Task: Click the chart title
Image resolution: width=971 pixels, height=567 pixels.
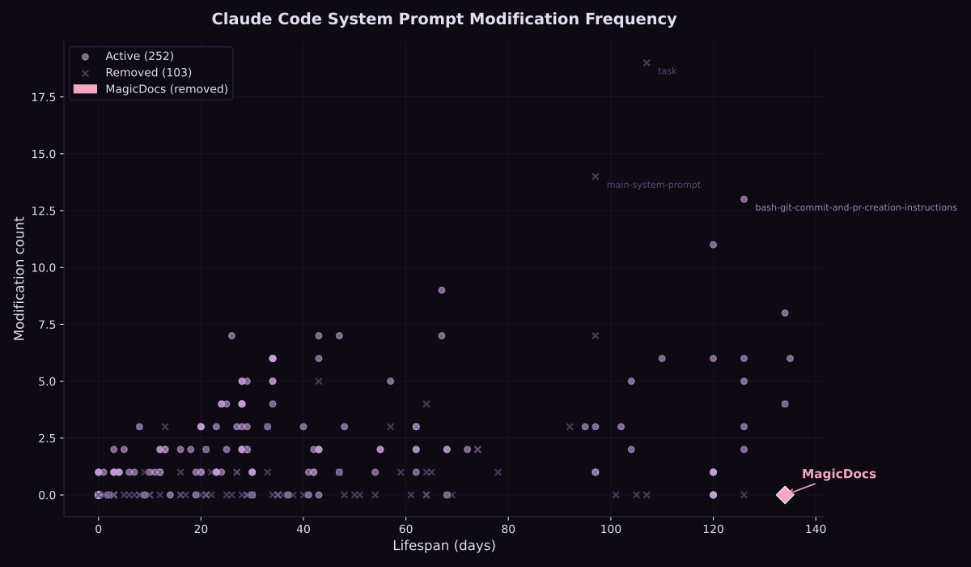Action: click(443, 19)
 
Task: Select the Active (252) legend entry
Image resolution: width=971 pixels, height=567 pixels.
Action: click(139, 57)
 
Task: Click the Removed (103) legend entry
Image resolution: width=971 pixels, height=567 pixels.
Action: click(148, 73)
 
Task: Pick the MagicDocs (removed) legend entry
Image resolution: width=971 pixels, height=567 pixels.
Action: click(167, 89)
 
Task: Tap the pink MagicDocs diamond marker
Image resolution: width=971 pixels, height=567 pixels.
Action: click(785, 494)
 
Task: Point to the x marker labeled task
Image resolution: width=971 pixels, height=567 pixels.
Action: click(647, 62)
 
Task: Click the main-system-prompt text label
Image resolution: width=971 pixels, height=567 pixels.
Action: click(653, 185)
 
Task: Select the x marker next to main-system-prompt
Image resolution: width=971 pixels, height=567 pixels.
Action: click(596, 177)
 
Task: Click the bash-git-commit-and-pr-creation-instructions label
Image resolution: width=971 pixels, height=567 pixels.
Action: click(855, 207)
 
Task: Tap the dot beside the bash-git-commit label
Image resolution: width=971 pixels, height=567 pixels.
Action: click(744, 199)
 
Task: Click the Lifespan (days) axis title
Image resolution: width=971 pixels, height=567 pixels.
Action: click(443, 546)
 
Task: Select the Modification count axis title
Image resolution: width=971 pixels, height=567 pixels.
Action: click(19, 278)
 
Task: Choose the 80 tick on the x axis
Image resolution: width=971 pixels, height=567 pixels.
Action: click(508, 529)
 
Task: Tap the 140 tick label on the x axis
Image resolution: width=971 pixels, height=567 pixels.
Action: click(816, 529)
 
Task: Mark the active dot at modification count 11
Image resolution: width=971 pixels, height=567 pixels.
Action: click(713, 245)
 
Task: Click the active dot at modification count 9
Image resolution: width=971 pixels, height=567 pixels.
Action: click(442, 290)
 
